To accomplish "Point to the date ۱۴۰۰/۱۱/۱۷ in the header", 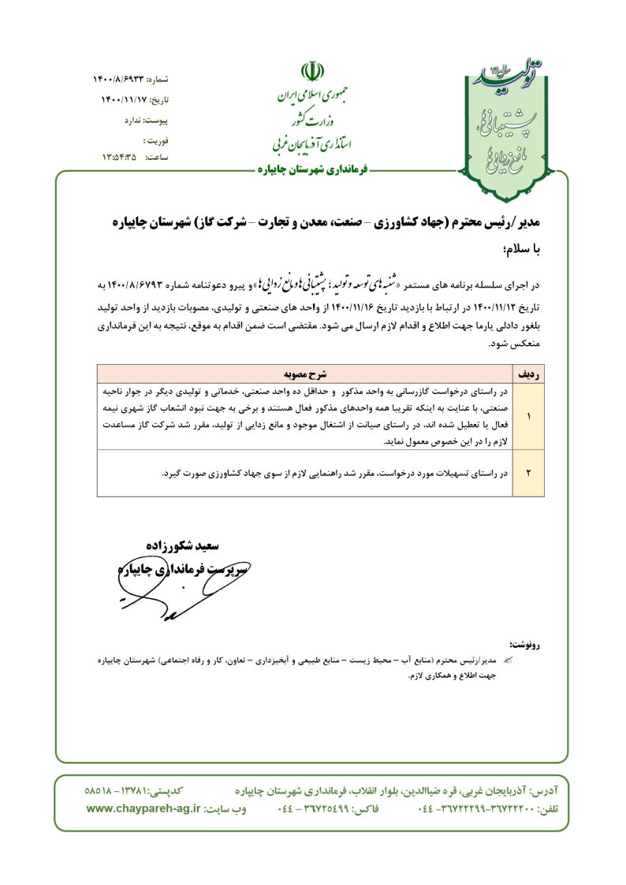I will (x=123, y=100).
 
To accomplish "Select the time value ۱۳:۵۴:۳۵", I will (x=119, y=157).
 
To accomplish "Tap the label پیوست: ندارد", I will (x=146, y=120).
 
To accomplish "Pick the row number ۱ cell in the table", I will (x=528, y=415).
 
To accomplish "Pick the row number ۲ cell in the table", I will (x=528, y=473).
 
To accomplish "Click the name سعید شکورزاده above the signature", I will (x=183, y=545).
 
